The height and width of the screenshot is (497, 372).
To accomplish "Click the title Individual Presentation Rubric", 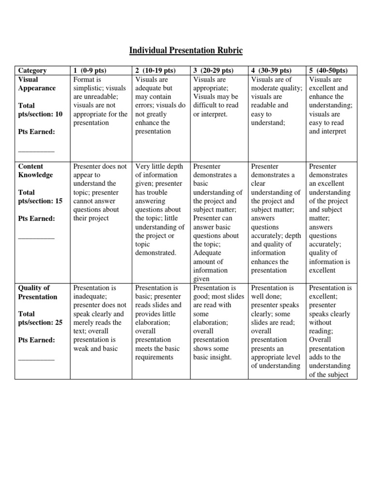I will pyautogui.click(x=186, y=50).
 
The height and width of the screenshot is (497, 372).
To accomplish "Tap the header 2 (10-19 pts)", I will pyautogui.click(x=155, y=71).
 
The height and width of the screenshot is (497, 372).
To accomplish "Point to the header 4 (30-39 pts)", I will pyautogui.click(x=271, y=71).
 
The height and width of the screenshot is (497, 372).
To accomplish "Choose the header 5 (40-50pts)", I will pyautogui.click(x=329, y=71).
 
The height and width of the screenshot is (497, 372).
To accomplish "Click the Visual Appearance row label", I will pyautogui.click(x=37, y=84).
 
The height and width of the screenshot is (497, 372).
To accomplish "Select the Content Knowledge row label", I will pyautogui.click(x=35, y=170).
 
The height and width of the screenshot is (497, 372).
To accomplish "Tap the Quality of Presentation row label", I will pyautogui.click(x=37, y=292).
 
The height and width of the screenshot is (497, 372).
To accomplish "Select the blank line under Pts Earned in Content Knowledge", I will pyautogui.click(x=36, y=237).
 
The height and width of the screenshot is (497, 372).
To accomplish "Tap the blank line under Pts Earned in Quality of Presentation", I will pyautogui.click(x=36, y=359).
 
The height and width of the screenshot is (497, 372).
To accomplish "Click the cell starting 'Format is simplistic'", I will pyautogui.click(x=100, y=101).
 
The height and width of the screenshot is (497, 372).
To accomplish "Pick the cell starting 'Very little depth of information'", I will pyautogui.click(x=160, y=210).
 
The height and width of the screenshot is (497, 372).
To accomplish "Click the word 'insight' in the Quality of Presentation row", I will pyautogui.click(x=222, y=358).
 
